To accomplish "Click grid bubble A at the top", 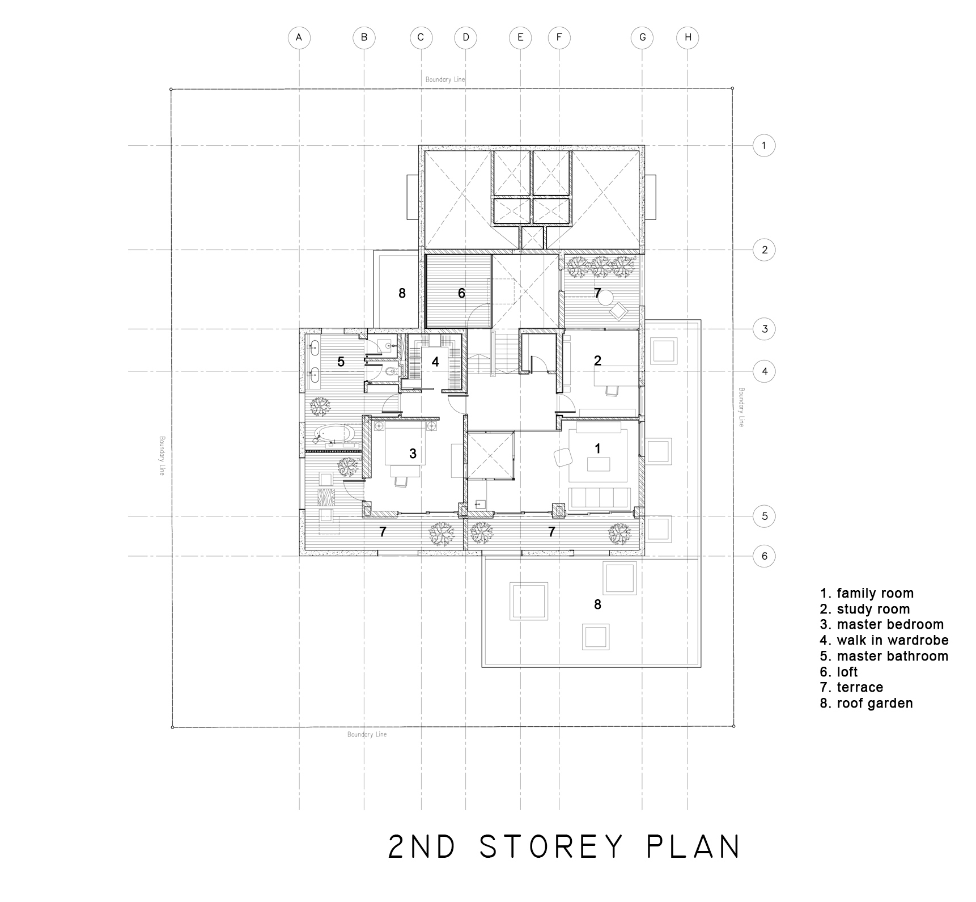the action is click(x=299, y=37).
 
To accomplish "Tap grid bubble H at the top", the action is click(x=688, y=37).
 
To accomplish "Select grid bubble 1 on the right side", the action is click(x=764, y=146).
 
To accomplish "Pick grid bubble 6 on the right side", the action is click(x=764, y=556).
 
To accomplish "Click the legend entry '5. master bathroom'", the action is click(x=884, y=656).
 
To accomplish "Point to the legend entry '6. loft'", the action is click(x=839, y=672).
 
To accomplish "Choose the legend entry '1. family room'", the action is click(x=867, y=593).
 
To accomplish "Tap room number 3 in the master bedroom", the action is click(x=413, y=454).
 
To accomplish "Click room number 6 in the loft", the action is click(x=461, y=293).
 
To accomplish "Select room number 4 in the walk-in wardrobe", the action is click(x=435, y=362).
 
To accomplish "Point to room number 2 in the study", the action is click(x=597, y=360).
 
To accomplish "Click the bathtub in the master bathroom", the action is click(x=335, y=435).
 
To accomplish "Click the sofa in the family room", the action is click(x=600, y=497).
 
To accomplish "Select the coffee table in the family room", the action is click(x=599, y=464).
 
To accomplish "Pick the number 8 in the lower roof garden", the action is click(x=597, y=605).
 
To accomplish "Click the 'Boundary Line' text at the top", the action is click(x=445, y=80).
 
